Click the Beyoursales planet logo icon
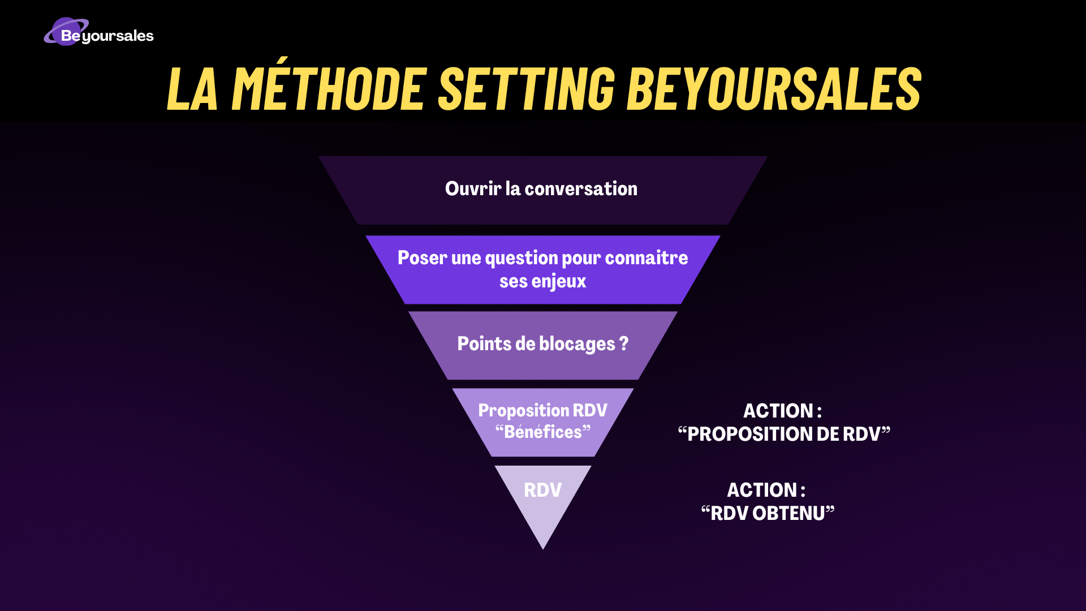pyautogui.click(x=67, y=32)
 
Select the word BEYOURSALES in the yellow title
pyautogui.click(x=774, y=88)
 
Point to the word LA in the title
pyautogui.click(x=192, y=88)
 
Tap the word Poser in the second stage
pyautogui.click(x=423, y=258)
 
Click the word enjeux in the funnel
pyautogui.click(x=559, y=282)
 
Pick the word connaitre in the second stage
pyautogui.click(x=647, y=258)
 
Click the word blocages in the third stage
pyautogui.click(x=577, y=344)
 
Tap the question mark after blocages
pyautogui.click(x=624, y=343)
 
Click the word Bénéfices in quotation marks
pyautogui.click(x=543, y=432)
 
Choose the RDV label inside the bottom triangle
pyautogui.click(x=543, y=490)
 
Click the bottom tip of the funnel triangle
pyautogui.click(x=543, y=549)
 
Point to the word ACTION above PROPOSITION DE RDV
pyautogui.click(x=778, y=411)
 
